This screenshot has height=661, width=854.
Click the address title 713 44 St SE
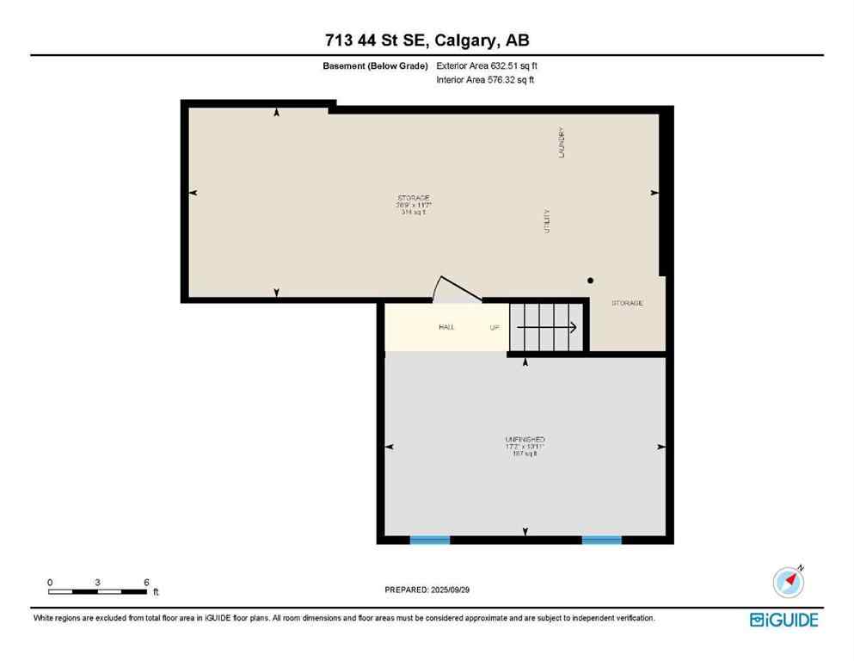click(427, 40)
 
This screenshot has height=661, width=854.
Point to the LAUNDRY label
click(561, 143)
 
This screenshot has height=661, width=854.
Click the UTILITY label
click(546, 222)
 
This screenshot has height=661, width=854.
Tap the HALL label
click(445, 327)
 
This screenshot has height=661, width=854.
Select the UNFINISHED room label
click(525, 440)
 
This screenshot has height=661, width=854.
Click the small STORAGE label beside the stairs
click(627, 303)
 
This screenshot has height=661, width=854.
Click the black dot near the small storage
click(590, 281)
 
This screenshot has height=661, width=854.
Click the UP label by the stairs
click(495, 327)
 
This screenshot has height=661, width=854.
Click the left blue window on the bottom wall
click(429, 540)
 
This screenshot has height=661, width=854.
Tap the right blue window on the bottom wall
click(601, 540)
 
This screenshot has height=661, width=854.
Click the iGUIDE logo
click(783, 620)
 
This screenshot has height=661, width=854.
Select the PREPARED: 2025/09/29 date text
click(427, 590)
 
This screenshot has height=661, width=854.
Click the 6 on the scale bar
click(147, 583)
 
